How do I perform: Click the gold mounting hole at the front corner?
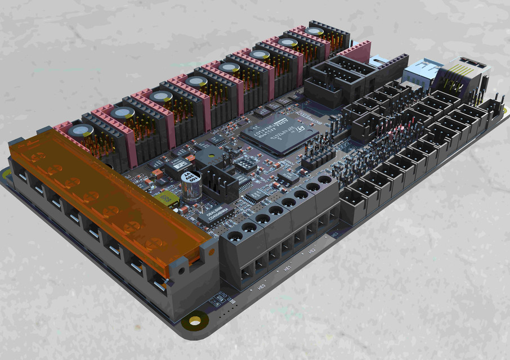195,321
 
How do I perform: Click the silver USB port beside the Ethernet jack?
418,72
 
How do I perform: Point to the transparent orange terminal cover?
107,191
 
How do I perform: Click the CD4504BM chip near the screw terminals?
216,214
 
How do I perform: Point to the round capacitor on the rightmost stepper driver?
314,31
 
